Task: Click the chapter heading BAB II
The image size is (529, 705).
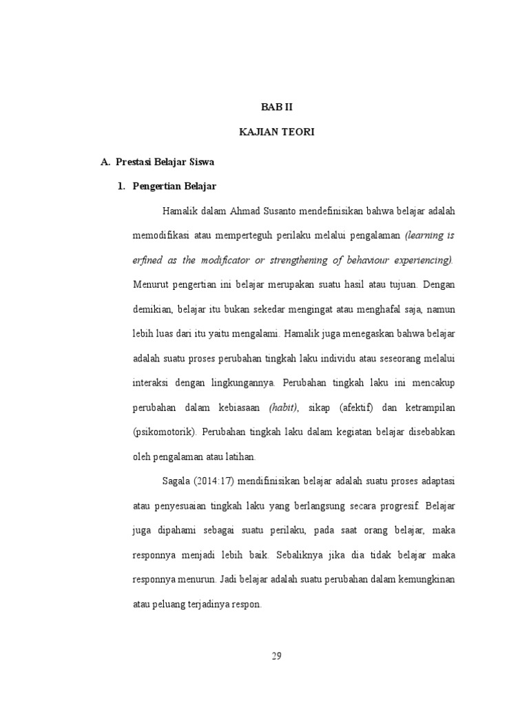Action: pos(277,107)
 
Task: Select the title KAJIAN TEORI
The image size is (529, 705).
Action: pos(277,133)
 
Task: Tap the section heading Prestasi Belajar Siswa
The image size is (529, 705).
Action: pos(165,162)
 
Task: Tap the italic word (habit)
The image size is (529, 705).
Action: pos(284,408)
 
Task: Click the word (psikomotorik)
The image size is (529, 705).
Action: pos(165,432)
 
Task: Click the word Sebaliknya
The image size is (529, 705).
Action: pos(304,555)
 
